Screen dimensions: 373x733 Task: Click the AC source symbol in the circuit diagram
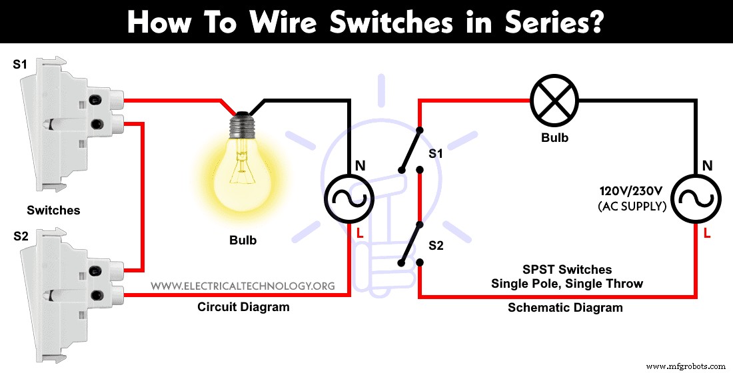(x=348, y=198)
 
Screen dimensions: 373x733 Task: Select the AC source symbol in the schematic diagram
(x=696, y=198)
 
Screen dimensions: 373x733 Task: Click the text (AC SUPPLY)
(x=632, y=206)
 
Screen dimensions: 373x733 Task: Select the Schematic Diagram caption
(x=565, y=307)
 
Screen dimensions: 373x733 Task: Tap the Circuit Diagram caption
(x=243, y=307)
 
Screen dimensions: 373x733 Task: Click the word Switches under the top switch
(x=53, y=210)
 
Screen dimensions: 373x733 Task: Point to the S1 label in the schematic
(x=436, y=154)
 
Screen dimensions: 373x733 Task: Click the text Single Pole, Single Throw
(x=566, y=284)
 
